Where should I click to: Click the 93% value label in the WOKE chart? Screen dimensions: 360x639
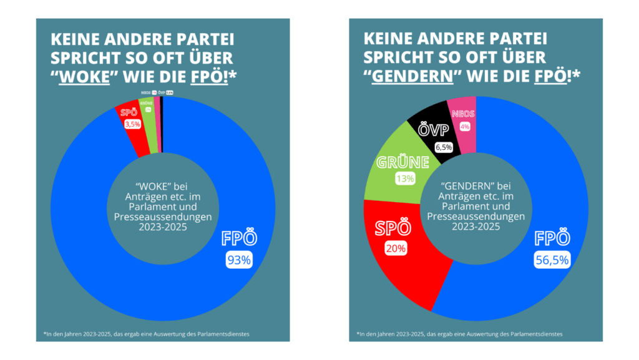238,260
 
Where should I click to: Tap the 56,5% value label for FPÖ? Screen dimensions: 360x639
552,260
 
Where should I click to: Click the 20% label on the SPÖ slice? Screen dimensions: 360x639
396,248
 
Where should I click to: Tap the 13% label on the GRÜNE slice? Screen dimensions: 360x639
404,178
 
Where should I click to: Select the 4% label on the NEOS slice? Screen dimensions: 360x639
464,126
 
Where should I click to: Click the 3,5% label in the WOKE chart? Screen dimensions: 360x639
133,125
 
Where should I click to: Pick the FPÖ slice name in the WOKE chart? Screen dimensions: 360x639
239,238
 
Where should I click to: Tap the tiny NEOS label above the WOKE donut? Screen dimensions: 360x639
145,92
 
